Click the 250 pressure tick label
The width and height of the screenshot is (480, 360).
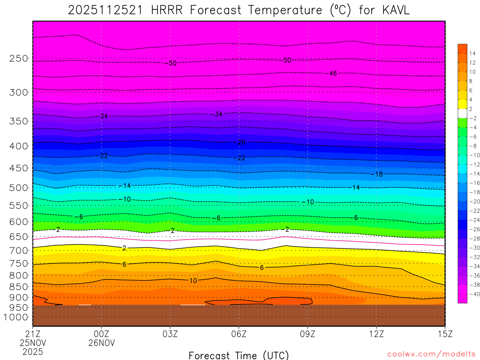click(19, 59)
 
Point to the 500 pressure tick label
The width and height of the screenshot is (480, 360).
click(19, 187)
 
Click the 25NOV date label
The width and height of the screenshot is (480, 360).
click(32, 342)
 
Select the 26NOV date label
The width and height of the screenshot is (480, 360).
click(102, 342)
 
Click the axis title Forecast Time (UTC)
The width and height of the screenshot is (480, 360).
click(239, 355)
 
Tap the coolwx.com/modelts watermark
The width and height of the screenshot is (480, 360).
click(431, 354)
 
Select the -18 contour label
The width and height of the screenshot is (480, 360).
click(377, 174)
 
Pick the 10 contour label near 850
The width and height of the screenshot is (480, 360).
click(193, 281)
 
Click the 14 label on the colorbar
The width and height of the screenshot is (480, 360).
click(472, 53)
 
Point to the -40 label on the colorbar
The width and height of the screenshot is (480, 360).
click(472, 294)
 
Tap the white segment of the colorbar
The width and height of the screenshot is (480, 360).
click(462, 113)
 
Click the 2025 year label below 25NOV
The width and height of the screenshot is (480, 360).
click(32, 351)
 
